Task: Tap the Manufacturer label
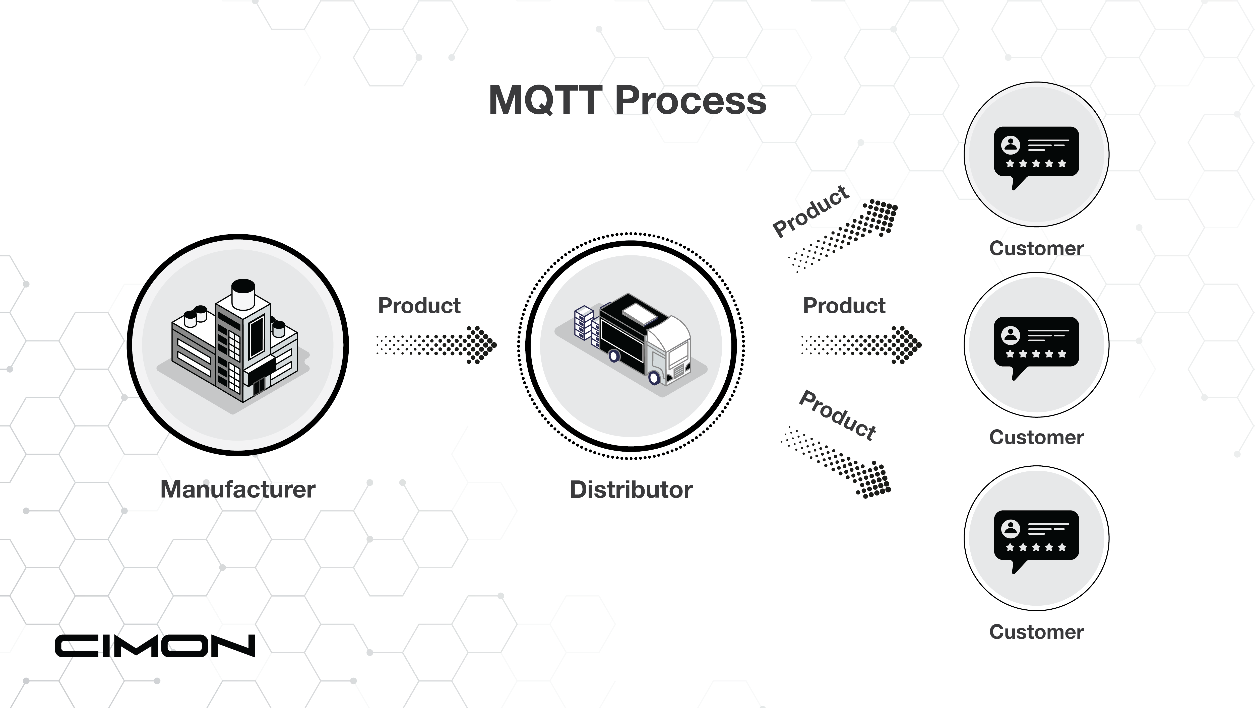point(238,489)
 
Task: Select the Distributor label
point(631,490)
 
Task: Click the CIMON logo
point(155,646)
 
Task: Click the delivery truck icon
point(643,341)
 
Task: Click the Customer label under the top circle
point(1036,248)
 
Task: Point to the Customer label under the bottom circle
point(1036,632)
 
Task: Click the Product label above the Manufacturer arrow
point(419,306)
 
